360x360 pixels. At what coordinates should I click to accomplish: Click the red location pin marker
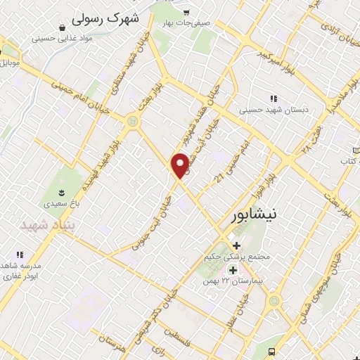coord(181,165)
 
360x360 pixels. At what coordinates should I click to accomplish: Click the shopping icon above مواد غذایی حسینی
coord(63,27)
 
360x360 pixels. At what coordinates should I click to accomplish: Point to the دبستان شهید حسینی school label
coord(271,110)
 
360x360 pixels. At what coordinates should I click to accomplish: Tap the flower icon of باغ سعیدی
coord(61,193)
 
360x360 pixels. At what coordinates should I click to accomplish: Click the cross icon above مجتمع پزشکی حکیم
coord(236,246)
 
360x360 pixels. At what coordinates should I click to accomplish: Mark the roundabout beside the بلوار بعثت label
coord(131,122)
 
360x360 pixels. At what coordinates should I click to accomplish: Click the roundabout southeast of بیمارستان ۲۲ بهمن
coord(274,301)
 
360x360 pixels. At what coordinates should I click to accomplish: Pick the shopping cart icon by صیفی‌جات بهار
coord(186,13)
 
